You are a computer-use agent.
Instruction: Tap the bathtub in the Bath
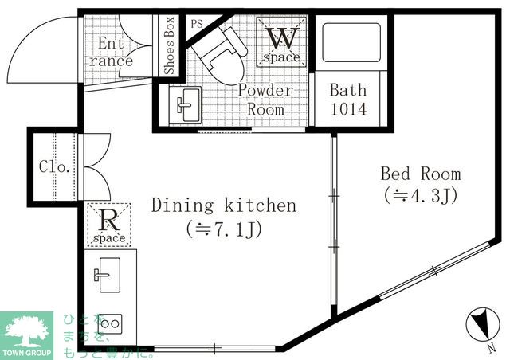pyautogui.click(x=351, y=42)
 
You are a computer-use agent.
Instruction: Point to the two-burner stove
pyautogui.click(x=110, y=323)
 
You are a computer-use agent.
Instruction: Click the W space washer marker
pyautogui.click(x=281, y=42)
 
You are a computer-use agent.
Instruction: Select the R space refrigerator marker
pyautogui.click(x=109, y=225)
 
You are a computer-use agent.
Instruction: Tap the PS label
pyautogui.click(x=197, y=24)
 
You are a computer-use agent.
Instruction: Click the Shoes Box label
pyautogui.click(x=169, y=45)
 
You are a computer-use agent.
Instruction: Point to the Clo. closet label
pyautogui.click(x=54, y=166)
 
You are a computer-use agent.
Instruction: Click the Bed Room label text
pyautogui.click(x=421, y=174)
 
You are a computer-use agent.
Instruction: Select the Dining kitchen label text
pyautogui.click(x=224, y=205)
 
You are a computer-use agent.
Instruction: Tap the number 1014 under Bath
pyautogui.click(x=349, y=109)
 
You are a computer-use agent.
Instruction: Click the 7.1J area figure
pyautogui.click(x=224, y=229)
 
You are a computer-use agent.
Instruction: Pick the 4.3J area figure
pyautogui.click(x=421, y=195)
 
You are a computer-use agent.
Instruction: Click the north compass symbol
pyautogui.click(x=483, y=325)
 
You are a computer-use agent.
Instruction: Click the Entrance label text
pyautogui.click(x=111, y=52)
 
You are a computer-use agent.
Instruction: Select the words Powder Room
pyautogui.click(x=265, y=100)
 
